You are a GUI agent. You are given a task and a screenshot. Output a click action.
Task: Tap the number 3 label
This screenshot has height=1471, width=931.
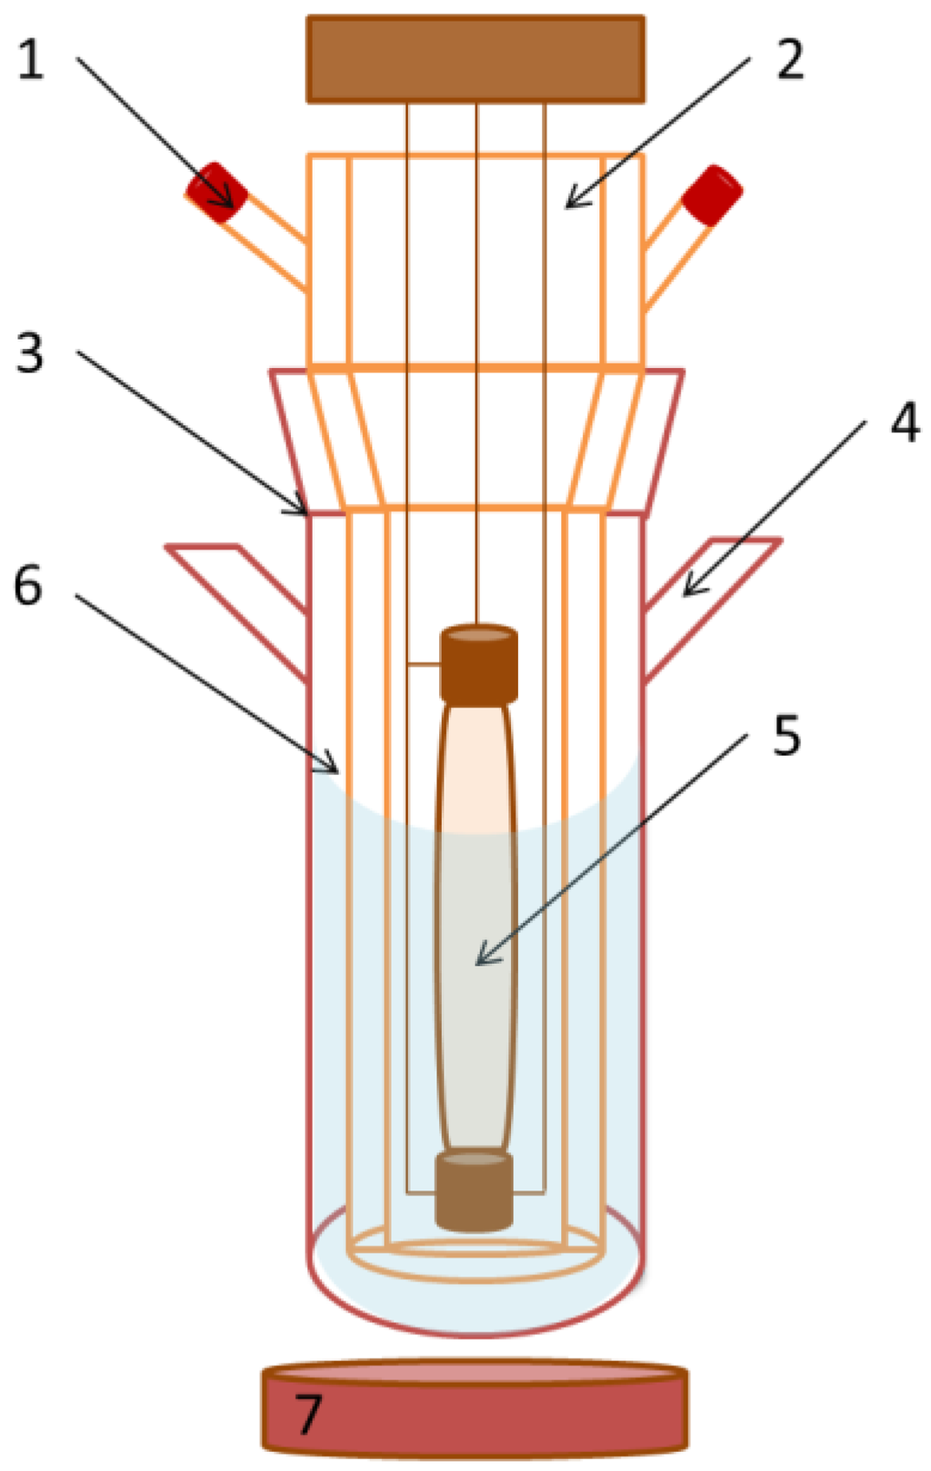click(x=29, y=353)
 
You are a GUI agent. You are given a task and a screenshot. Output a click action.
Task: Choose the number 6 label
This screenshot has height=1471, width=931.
click(x=27, y=586)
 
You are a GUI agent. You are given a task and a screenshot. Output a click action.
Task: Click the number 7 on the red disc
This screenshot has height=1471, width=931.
click(x=308, y=1415)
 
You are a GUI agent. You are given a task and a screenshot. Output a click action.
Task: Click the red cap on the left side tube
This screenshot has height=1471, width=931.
click(x=216, y=192)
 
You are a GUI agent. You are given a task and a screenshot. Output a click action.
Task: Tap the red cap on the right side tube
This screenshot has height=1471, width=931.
click(x=712, y=194)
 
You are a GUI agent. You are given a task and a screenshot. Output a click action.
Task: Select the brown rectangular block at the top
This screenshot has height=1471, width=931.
click(x=476, y=58)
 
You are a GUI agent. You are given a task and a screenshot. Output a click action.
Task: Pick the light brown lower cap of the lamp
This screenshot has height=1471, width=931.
click(x=474, y=1190)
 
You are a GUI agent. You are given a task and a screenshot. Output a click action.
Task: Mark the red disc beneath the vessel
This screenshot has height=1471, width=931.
click(x=475, y=1408)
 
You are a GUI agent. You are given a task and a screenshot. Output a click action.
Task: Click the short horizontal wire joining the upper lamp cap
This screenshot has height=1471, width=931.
click(x=423, y=665)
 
